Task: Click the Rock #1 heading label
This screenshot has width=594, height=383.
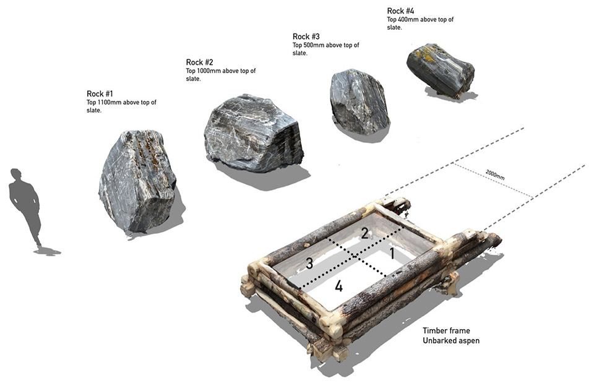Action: coord(100,93)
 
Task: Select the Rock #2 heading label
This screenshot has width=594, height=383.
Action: coord(200,62)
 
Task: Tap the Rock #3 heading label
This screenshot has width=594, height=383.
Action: coord(306,37)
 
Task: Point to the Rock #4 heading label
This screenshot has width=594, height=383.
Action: coord(400,11)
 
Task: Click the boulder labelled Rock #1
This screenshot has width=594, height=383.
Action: coord(137,181)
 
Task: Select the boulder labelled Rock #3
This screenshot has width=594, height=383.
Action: coord(359,101)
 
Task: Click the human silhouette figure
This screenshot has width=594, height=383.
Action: coord(25,209)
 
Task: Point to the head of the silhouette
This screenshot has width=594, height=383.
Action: coord(16,174)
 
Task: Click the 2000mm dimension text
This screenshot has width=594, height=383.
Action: coord(495,174)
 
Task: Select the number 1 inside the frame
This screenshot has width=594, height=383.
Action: coord(392,254)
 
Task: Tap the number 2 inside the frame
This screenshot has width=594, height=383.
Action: coord(365,233)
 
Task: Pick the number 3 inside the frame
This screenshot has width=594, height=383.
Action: coord(309,264)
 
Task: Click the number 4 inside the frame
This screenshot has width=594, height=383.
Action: coord(338,286)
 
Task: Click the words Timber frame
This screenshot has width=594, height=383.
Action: coord(446,331)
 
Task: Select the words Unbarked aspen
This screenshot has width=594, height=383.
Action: coord(451,340)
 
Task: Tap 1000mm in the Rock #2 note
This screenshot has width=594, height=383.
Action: coord(209,71)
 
